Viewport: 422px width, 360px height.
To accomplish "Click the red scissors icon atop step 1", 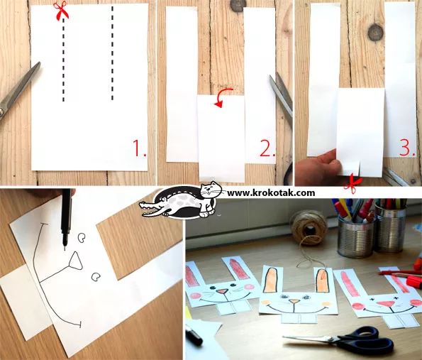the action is (61, 10).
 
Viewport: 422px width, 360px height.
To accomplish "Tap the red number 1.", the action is (140, 148).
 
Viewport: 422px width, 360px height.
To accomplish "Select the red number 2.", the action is (267, 148).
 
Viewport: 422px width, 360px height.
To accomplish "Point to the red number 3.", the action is (408, 148).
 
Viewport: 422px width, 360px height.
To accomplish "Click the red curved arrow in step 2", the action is (223, 97).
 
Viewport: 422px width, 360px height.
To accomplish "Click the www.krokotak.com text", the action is (271, 192).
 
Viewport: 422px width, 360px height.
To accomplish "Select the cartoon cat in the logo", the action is (210, 199).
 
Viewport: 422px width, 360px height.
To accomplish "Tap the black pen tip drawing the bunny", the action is (65, 246).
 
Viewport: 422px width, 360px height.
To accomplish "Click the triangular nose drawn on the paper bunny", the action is (75, 261).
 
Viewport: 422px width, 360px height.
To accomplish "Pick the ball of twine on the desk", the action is (309, 228).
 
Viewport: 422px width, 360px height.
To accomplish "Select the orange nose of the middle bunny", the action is (294, 301).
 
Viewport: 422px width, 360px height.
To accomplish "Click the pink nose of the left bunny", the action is (222, 291).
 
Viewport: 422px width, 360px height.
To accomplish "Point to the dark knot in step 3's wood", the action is (375, 33).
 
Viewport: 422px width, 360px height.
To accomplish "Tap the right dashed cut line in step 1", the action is (112, 53).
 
